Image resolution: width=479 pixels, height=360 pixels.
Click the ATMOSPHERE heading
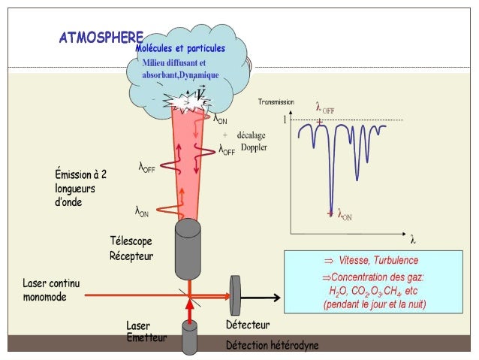tap(101, 38)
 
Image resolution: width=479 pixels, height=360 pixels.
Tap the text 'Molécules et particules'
tap(180, 49)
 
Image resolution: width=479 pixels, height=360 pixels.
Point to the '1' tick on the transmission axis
tap(285, 119)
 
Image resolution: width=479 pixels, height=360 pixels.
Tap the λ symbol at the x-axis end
tap(412, 241)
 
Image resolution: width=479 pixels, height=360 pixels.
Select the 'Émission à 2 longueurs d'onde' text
tap(81, 188)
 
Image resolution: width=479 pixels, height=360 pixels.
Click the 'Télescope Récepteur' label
tap(131, 249)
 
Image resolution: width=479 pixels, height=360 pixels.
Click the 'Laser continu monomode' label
tap(51, 290)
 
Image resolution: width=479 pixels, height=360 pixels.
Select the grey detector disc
tap(236, 295)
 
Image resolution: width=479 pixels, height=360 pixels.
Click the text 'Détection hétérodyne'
tap(272, 346)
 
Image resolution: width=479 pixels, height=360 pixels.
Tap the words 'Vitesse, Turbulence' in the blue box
tap(371, 260)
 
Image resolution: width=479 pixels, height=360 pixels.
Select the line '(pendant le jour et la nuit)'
tap(372, 305)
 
